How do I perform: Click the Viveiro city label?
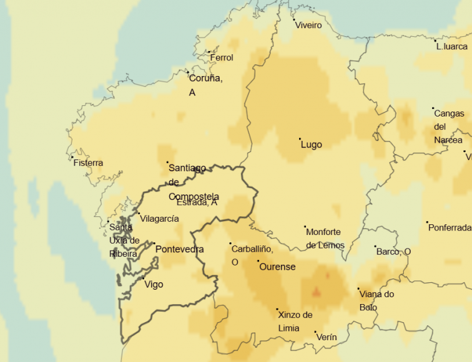(308, 26)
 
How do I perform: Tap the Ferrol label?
(222, 58)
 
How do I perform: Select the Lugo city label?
(312, 145)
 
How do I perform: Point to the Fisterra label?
(88, 163)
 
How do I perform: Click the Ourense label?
(277, 267)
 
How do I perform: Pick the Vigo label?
(154, 285)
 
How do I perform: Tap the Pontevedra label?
(180, 249)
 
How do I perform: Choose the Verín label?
(327, 338)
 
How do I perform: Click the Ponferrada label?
(450, 228)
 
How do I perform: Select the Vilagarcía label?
(159, 219)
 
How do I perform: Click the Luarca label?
(452, 47)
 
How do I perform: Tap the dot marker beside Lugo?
(300, 139)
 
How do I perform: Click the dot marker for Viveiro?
(294, 19)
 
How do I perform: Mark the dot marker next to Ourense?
(258, 261)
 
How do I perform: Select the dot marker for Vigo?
(144, 278)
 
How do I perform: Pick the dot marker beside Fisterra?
(72, 157)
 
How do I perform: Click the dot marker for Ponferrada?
(428, 222)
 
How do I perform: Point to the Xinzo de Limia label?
(295, 322)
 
